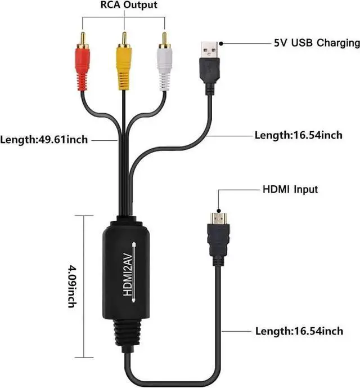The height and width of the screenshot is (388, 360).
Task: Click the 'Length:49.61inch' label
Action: pos(44,139)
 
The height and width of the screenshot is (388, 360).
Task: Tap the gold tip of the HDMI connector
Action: pos(219,217)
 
